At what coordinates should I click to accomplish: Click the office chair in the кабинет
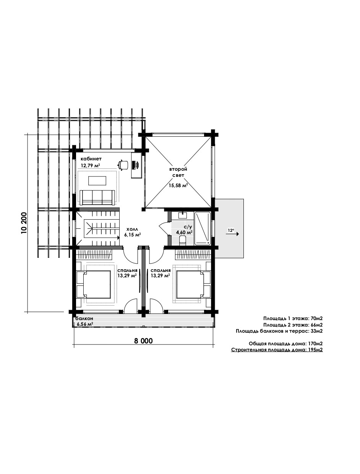click(x=123, y=165)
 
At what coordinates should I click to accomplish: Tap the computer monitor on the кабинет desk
click(x=136, y=165)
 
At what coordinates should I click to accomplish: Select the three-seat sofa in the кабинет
click(x=97, y=197)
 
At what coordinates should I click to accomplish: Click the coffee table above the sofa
click(x=97, y=181)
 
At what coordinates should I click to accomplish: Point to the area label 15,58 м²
click(x=178, y=185)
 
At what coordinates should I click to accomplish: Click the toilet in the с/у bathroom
click(x=183, y=240)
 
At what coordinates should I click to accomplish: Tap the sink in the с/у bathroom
click(x=183, y=215)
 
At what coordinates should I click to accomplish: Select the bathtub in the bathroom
click(x=203, y=228)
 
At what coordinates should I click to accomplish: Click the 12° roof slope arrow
click(x=233, y=234)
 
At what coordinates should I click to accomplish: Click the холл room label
click(x=132, y=229)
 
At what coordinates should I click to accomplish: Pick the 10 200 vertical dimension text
click(x=24, y=223)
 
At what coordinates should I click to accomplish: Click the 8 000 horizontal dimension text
click(x=143, y=341)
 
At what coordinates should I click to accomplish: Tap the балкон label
click(x=84, y=318)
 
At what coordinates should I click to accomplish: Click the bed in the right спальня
click(x=193, y=285)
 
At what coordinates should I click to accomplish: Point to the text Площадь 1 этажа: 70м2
click(x=293, y=318)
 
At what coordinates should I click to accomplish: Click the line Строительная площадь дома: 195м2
click(x=277, y=349)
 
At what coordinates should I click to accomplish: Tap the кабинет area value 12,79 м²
click(x=90, y=166)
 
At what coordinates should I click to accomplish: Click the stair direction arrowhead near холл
click(x=118, y=238)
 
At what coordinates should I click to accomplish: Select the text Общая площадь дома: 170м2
click(x=285, y=343)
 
